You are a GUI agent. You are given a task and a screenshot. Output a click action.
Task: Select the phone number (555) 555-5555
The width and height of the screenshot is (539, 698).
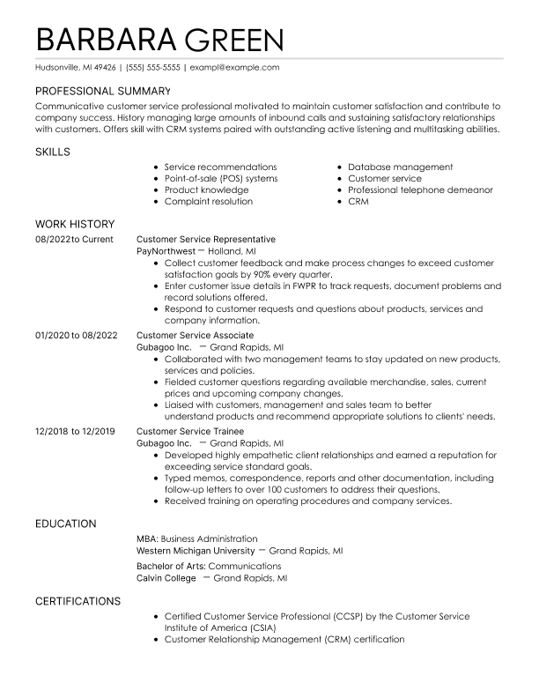152,67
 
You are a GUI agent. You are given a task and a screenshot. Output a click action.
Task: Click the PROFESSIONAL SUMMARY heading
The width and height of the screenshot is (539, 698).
102,91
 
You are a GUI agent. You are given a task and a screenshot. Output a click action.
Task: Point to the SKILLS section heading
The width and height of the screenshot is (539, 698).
53,152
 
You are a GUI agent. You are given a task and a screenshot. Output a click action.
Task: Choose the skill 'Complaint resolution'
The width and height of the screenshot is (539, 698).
208,201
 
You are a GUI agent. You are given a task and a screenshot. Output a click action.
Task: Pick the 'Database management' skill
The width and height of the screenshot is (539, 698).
400,167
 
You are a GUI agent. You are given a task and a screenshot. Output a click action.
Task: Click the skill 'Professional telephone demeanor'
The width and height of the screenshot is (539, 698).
420,189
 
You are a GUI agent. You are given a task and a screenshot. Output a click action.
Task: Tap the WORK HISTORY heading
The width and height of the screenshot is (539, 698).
75,224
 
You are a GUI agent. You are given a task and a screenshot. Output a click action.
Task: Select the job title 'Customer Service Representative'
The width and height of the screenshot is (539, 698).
206,239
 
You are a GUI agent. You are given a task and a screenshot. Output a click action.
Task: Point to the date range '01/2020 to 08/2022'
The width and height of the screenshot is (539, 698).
76,335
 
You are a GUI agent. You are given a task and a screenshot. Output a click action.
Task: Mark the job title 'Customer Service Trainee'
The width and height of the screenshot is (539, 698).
189,431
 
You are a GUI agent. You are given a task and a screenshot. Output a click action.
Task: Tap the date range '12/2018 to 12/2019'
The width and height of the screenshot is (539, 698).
75,431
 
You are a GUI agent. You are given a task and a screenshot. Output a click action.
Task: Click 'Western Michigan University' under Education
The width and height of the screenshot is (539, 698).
196,550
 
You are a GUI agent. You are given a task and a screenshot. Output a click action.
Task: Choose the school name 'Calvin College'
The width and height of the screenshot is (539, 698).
166,578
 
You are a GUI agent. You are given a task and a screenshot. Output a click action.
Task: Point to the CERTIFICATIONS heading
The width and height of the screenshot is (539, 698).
78,601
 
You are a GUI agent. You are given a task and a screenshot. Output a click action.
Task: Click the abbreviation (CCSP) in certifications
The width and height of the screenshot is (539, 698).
351,617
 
